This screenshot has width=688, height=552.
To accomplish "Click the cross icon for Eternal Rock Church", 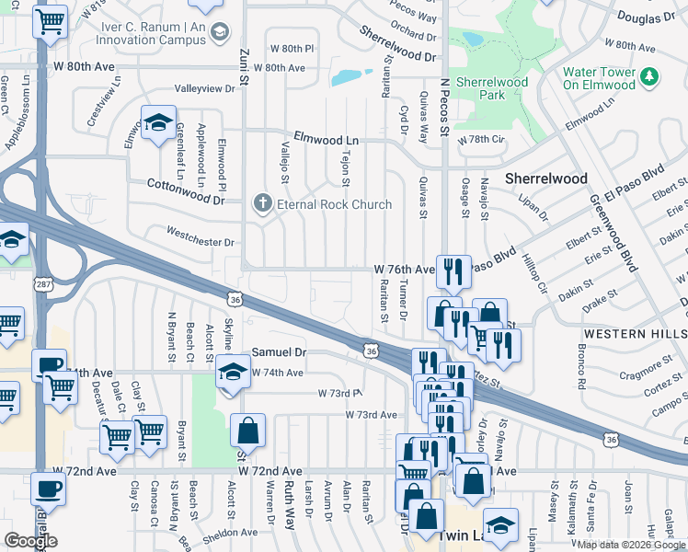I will tap(262, 203).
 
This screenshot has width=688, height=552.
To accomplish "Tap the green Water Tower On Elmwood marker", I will tap(651, 75).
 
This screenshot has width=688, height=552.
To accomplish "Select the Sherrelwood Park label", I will tap(492, 87).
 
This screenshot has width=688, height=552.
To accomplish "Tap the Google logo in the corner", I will tap(30, 541).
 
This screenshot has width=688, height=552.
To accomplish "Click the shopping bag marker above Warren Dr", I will tap(247, 430).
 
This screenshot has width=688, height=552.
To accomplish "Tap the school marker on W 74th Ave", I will tap(232, 373).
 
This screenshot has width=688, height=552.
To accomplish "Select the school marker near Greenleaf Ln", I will tap(158, 122).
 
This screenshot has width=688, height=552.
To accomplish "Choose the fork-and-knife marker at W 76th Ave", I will tap(453, 271).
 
